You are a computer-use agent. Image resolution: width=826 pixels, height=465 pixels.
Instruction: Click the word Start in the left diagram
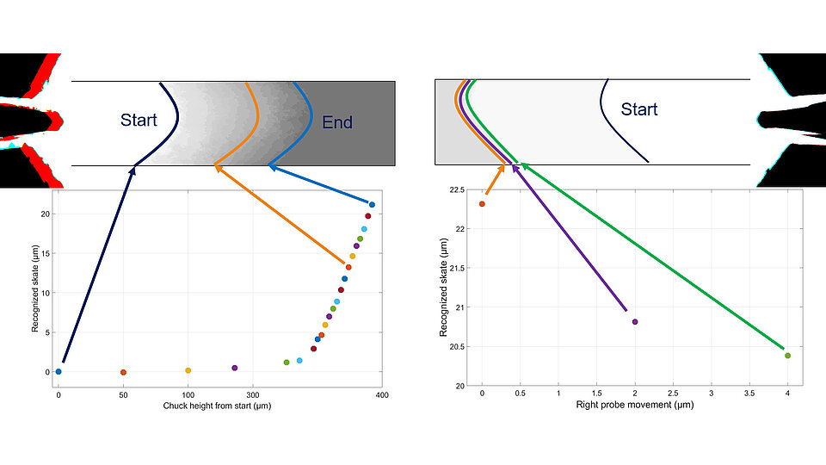tap(139, 120)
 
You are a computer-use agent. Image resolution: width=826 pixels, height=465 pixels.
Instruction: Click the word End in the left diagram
tap(337, 122)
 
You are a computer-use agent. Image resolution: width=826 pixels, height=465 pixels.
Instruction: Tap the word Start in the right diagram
tap(639, 109)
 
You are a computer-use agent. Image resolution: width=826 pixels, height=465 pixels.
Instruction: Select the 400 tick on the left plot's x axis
tap(381, 395)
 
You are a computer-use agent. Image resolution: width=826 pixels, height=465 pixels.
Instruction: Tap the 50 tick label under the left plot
tap(123, 395)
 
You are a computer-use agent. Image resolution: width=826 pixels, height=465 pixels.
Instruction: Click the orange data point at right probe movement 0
tap(482, 204)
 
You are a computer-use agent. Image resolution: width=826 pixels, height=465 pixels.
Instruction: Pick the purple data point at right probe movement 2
tap(635, 322)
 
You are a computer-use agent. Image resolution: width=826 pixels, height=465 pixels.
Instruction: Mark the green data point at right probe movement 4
tap(787, 356)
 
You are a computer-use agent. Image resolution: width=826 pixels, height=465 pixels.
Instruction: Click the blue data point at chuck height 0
tap(59, 372)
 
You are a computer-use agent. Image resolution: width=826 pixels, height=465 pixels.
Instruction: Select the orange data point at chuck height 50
tap(123, 373)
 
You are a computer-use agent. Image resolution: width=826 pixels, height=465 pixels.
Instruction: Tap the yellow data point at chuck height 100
tap(188, 370)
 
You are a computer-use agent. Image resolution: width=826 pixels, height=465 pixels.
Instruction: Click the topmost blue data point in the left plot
tap(372, 205)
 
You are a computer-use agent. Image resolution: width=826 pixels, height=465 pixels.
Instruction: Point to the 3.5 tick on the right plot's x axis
tap(749, 395)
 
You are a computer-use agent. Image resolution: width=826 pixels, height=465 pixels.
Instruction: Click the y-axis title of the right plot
tap(442, 288)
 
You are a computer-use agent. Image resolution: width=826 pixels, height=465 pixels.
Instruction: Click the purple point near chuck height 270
tap(234, 368)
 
